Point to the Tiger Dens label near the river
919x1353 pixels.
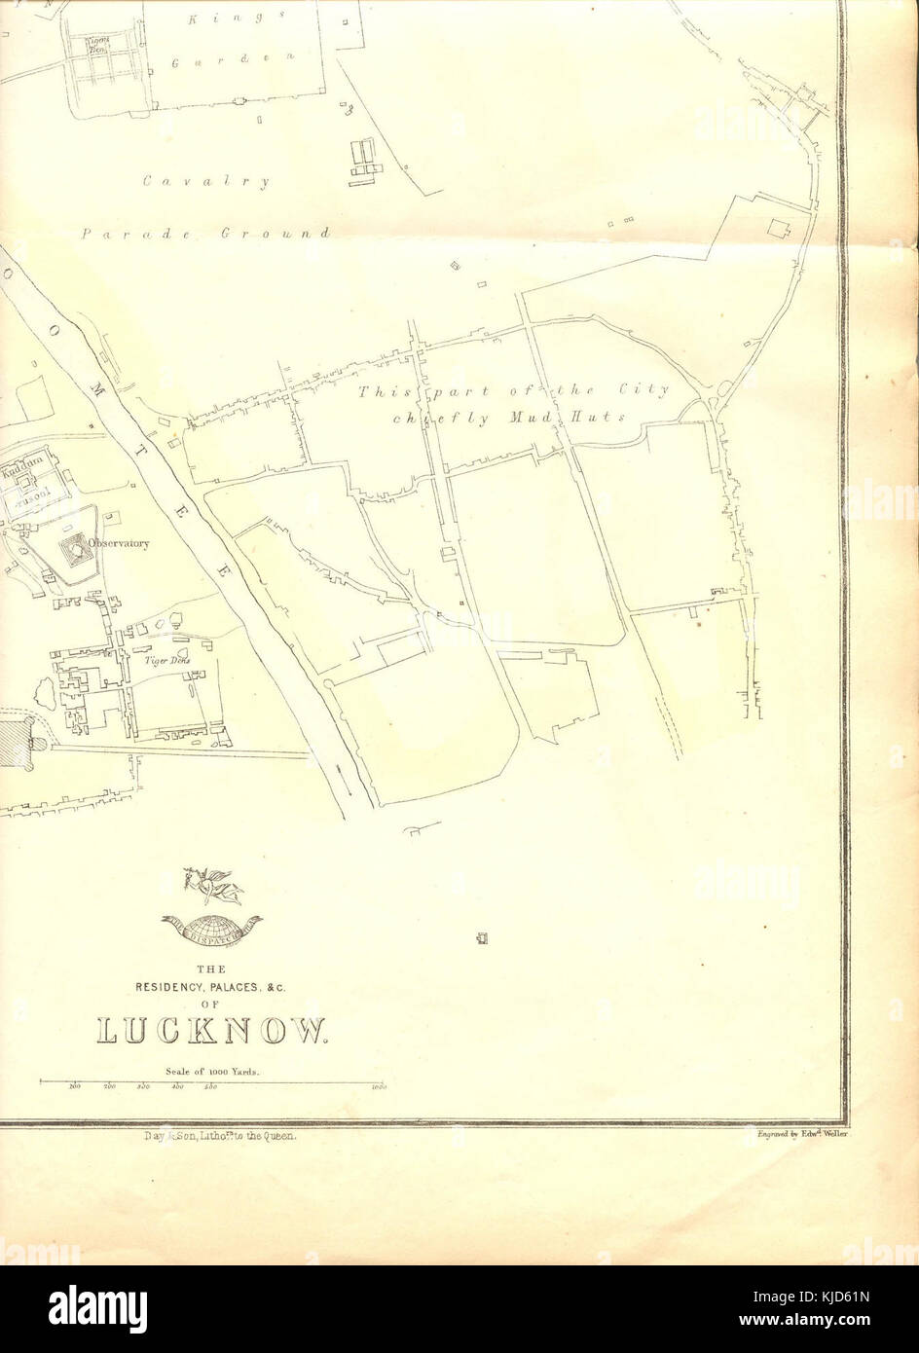coord(167,661)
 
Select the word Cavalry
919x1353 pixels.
coord(205,181)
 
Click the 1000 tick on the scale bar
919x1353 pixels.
coord(380,1088)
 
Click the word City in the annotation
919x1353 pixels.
coord(645,390)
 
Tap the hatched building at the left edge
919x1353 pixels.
coord(15,742)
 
